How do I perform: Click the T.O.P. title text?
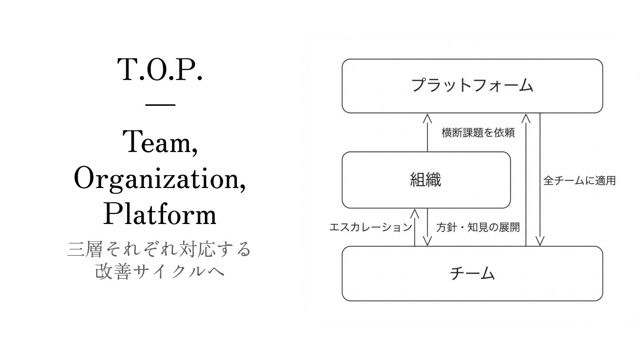click(x=160, y=70)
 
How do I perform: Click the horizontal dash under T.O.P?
click(x=160, y=105)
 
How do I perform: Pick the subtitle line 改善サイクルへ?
click(x=160, y=271)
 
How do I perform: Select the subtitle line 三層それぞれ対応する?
click(x=160, y=249)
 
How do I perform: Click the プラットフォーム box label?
click(x=472, y=85)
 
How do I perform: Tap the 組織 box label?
click(x=426, y=180)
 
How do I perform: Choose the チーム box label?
click(x=472, y=273)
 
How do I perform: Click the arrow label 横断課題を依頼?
click(x=478, y=132)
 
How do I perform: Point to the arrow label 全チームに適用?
click(x=580, y=181)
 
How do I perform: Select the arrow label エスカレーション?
click(x=371, y=227)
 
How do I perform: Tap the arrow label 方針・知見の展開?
click(x=478, y=227)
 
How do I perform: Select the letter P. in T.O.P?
click(x=192, y=70)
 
